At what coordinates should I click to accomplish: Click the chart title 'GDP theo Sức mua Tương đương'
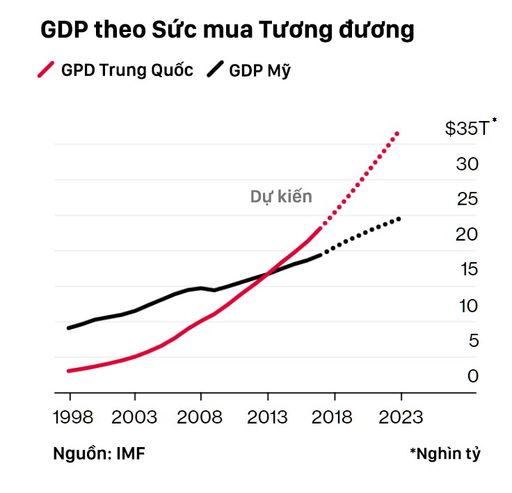point(227,31)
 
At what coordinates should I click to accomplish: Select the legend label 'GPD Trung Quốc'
point(127,70)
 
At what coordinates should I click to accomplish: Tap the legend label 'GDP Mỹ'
point(259,70)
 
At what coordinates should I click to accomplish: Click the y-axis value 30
point(467,165)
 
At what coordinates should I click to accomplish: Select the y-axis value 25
point(467,200)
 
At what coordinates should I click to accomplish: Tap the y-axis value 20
point(467,234)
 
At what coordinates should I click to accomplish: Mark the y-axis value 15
point(467,270)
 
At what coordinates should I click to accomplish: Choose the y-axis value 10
point(467,305)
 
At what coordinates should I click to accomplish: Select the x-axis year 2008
point(200,417)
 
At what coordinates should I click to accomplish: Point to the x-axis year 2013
point(267,417)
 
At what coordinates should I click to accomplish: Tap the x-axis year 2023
point(401,417)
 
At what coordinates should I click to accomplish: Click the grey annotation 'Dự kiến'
point(281,197)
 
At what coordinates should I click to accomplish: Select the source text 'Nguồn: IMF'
point(99,454)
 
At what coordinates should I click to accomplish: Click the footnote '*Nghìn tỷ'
point(445,454)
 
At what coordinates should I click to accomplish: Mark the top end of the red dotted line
point(397,132)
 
